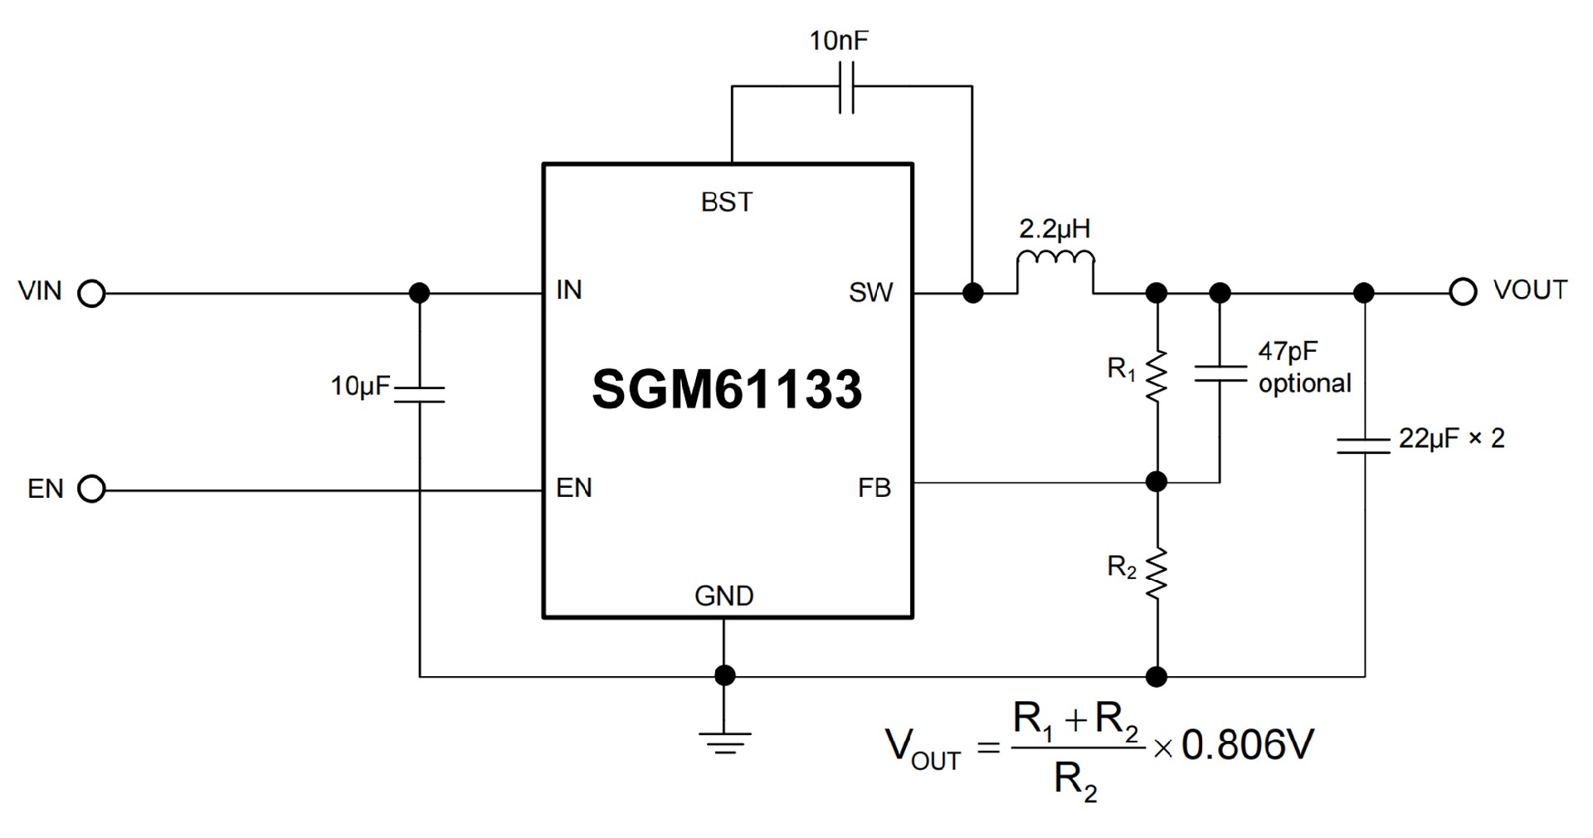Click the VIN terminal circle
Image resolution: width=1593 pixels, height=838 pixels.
[91, 294]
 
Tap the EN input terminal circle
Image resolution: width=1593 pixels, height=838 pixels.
[91, 490]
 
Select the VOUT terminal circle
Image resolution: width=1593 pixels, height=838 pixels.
[1463, 292]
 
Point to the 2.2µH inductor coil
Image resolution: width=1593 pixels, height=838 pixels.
[1055, 260]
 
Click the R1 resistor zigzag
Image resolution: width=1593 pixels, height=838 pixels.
[1156, 376]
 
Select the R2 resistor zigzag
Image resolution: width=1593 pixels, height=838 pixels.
[1156, 572]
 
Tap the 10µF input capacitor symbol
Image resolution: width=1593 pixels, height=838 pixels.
[420, 393]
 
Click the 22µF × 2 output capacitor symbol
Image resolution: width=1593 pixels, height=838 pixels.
[1364, 446]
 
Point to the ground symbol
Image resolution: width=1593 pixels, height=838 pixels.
[724, 742]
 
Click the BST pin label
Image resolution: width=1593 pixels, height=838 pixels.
[727, 202]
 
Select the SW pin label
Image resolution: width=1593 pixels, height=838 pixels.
[870, 293]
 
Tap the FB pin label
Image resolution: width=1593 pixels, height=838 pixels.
[874, 488]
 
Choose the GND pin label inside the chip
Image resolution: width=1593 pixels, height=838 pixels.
[723, 596]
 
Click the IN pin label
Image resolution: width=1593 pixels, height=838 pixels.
[569, 290]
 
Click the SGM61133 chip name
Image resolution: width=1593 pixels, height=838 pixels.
[727, 389]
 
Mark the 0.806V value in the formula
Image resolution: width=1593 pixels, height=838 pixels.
[1247, 745]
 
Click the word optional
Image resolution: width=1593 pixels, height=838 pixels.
[1305, 383]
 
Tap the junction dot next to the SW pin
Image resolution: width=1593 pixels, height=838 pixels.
[972, 293]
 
